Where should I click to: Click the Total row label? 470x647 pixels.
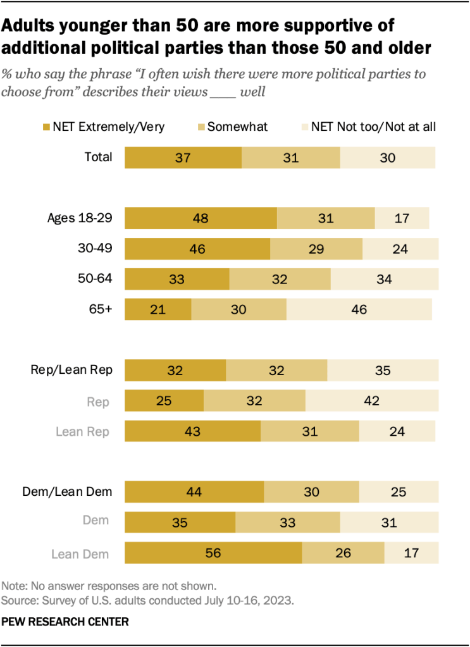[x=99, y=157]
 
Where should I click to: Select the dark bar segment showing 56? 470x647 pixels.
[x=213, y=553]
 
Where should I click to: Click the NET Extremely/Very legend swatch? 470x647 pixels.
[x=46, y=126]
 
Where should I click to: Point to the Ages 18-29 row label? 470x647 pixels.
[x=80, y=218]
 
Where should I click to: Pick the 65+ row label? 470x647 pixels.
[x=101, y=309]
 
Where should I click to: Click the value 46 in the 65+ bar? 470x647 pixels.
[x=359, y=309]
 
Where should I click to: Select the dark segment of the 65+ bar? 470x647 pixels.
[x=158, y=309]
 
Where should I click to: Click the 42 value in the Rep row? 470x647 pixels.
[x=371, y=401]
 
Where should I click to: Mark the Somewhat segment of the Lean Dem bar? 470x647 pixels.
[x=343, y=553]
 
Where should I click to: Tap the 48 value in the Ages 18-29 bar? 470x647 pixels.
[x=201, y=218]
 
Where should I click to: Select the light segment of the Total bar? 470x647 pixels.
[x=388, y=157]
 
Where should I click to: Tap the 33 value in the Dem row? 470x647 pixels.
[x=288, y=523]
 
